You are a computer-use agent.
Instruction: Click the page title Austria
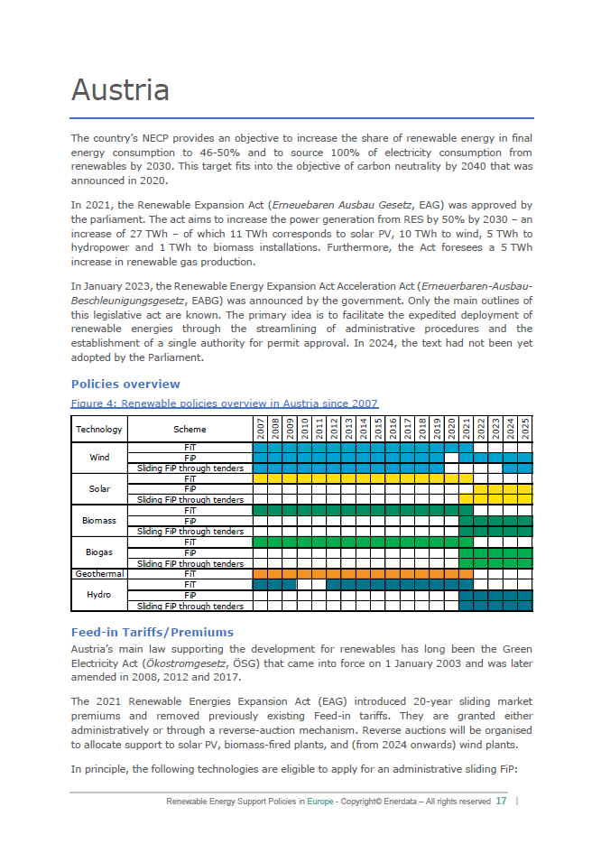[120, 90]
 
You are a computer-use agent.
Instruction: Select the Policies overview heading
[125, 385]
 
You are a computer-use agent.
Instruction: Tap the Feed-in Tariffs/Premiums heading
[152, 632]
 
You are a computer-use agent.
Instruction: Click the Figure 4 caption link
[225, 403]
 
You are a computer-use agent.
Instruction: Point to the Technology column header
[99, 430]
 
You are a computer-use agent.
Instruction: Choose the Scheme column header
[190, 430]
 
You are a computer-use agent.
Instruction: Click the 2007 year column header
[260, 429]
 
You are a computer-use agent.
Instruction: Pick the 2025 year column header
[525, 429]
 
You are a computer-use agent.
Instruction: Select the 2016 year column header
[393, 429]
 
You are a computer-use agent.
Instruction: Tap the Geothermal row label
[99, 573]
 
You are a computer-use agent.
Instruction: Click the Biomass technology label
[99, 521]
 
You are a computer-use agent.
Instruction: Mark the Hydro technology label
[99, 595]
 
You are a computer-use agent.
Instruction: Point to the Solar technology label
[99, 488]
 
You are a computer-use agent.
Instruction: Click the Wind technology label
[99, 457]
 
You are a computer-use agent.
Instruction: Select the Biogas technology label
[99, 552]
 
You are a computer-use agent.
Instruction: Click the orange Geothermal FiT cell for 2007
[260, 573]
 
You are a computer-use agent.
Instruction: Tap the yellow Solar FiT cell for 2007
[260, 478]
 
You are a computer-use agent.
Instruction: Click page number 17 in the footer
[501, 801]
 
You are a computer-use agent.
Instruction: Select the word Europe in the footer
[319, 801]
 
